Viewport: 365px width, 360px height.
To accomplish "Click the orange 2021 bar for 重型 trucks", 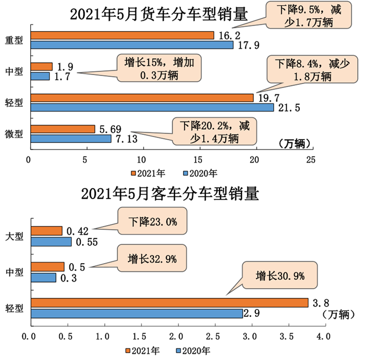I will coord(122,35).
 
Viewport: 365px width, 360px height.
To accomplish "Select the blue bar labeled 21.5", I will coord(152,108).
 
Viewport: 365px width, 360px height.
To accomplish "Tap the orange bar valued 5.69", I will coord(63,129).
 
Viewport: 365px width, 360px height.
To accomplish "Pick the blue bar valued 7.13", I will coord(71,139).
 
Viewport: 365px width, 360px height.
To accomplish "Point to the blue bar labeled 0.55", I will coord(51,242).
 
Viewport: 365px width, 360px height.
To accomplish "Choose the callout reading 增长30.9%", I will coord(279,275).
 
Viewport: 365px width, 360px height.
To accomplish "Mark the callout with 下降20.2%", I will coord(215,132).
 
